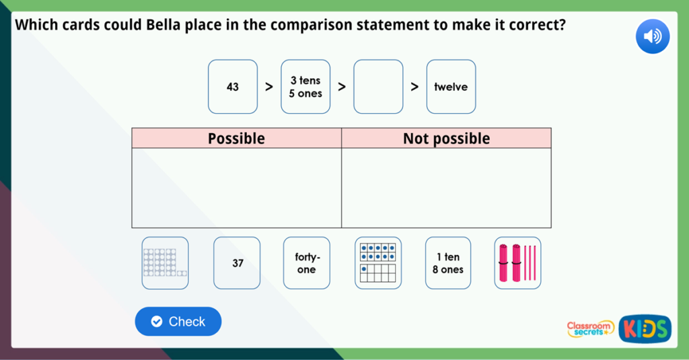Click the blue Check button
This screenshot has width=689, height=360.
(x=178, y=322)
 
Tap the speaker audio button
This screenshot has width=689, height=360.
(x=652, y=36)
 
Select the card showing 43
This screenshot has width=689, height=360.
(x=233, y=87)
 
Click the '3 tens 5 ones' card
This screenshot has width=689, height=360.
(x=305, y=87)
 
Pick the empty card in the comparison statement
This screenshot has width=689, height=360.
(x=378, y=87)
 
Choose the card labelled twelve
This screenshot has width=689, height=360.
(x=451, y=87)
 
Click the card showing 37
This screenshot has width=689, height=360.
(x=237, y=263)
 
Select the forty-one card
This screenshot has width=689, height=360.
(x=306, y=263)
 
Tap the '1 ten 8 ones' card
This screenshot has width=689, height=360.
(x=448, y=263)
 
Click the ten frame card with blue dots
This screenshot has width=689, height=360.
(x=377, y=263)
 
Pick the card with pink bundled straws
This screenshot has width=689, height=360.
(x=517, y=263)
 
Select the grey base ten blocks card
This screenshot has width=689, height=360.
(x=165, y=263)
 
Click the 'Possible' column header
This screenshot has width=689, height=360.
(x=236, y=139)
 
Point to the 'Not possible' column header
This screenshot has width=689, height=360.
(x=446, y=139)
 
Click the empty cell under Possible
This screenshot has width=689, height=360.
(x=236, y=188)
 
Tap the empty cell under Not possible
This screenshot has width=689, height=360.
(x=446, y=188)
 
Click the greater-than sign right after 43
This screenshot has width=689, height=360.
(x=268, y=87)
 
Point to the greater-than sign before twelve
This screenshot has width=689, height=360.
(x=414, y=87)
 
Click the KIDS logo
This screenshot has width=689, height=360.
(x=645, y=328)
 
